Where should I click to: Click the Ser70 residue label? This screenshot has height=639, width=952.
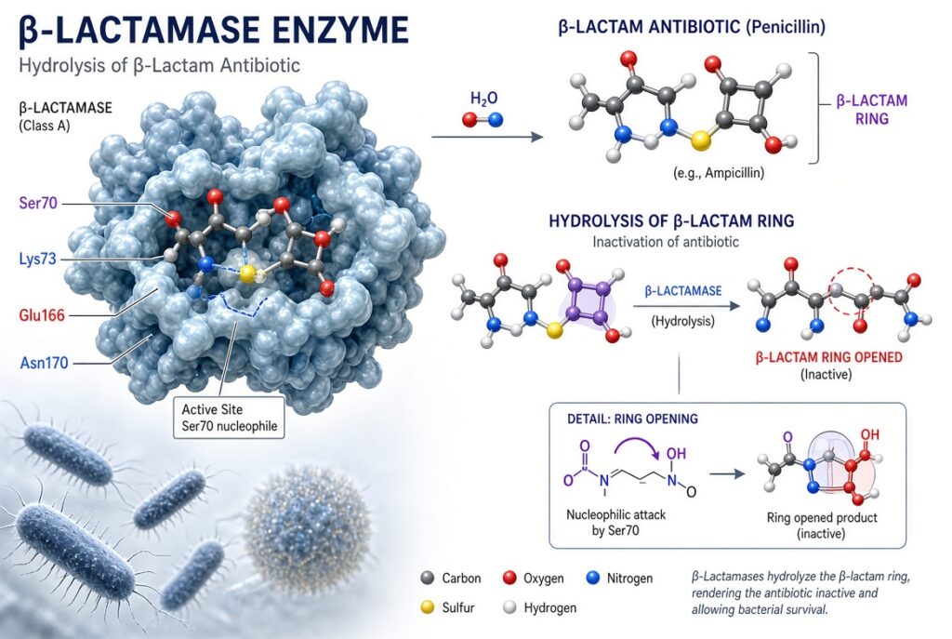pyautogui.click(x=37, y=203)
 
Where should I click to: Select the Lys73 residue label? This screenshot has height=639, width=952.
pyautogui.click(x=37, y=260)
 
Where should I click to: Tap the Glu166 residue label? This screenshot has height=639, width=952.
pyautogui.click(x=41, y=315)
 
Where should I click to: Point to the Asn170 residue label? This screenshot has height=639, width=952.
pyautogui.click(x=44, y=364)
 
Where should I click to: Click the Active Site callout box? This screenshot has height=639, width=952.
pyautogui.click(x=229, y=418)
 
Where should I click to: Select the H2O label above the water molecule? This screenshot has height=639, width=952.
pyautogui.click(x=483, y=99)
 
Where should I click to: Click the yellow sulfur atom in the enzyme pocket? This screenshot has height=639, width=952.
pyautogui.click(x=245, y=274)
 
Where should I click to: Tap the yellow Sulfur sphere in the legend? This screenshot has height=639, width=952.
pyautogui.click(x=428, y=606)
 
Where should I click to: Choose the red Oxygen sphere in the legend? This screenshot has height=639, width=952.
pyautogui.click(x=510, y=578)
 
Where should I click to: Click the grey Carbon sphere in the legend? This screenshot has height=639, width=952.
pyautogui.click(x=428, y=578)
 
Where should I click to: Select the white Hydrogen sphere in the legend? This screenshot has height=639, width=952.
pyautogui.click(x=510, y=606)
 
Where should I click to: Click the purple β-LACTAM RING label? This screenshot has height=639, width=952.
pyautogui.click(x=872, y=110)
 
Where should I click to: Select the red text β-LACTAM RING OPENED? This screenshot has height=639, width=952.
pyautogui.click(x=828, y=356)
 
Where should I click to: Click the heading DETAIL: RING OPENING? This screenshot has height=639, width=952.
pyautogui.click(x=632, y=419)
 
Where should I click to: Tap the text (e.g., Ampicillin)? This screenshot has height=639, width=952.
pyautogui.click(x=719, y=172)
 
